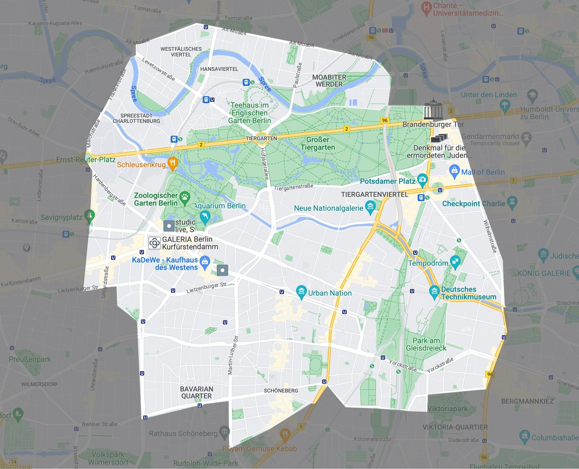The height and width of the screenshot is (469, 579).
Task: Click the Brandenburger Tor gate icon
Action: (433, 109)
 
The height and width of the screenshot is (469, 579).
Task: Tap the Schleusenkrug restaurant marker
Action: (173, 163)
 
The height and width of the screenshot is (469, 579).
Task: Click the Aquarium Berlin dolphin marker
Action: (205, 216)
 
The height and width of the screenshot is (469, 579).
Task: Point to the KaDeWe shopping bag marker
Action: (205, 262)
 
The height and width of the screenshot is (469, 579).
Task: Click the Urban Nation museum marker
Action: (302, 291)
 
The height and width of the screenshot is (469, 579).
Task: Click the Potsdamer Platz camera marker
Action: (422, 179)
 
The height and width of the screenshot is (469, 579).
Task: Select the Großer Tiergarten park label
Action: (318, 143)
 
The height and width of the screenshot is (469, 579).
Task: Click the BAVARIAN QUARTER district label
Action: (196, 392)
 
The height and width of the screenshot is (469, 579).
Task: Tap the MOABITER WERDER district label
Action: (329, 81)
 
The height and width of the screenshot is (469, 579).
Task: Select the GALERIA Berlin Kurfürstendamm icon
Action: (155, 243)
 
